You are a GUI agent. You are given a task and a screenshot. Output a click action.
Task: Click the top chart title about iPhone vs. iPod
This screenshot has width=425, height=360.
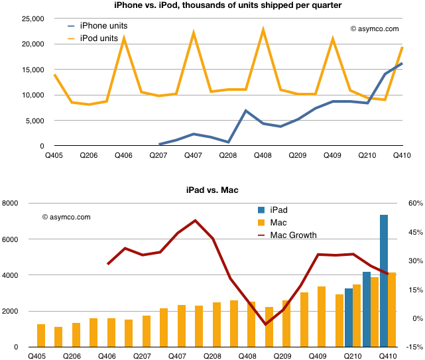pyautogui.click(x=212, y=6)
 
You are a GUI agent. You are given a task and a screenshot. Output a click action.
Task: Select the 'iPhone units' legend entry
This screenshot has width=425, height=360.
pyautogui.click(x=103, y=26)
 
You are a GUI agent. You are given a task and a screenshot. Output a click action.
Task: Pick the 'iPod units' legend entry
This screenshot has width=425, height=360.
pyautogui.click(x=99, y=38)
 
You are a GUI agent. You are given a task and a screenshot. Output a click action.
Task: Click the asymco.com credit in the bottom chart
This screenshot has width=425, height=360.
pyautogui.click(x=66, y=217)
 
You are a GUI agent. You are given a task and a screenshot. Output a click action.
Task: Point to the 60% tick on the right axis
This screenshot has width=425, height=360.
pyautogui.click(x=414, y=204)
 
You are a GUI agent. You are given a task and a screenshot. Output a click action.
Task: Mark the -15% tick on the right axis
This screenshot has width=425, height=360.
pyautogui.click(x=414, y=347)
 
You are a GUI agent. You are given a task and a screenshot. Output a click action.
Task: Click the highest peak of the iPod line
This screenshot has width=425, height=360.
pyautogui.click(x=263, y=29)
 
